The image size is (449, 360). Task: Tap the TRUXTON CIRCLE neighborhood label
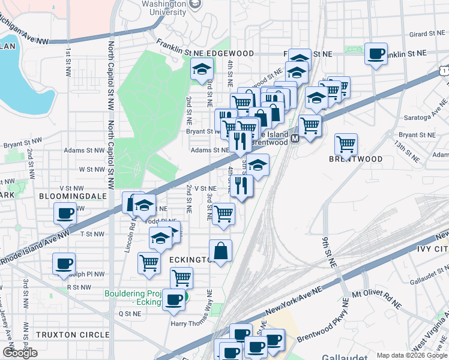click(73, 334)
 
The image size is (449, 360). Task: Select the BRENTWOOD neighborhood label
click(355, 159)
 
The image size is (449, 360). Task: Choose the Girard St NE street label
click(426, 34)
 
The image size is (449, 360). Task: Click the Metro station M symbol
click(295, 139)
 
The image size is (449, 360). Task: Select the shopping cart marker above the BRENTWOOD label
click(346, 144)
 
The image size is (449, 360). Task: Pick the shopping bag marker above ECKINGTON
click(221, 251)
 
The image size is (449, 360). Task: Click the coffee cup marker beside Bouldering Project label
click(174, 300)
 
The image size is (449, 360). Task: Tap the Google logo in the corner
click(20, 353)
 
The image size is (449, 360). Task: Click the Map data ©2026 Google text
click(411, 355)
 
